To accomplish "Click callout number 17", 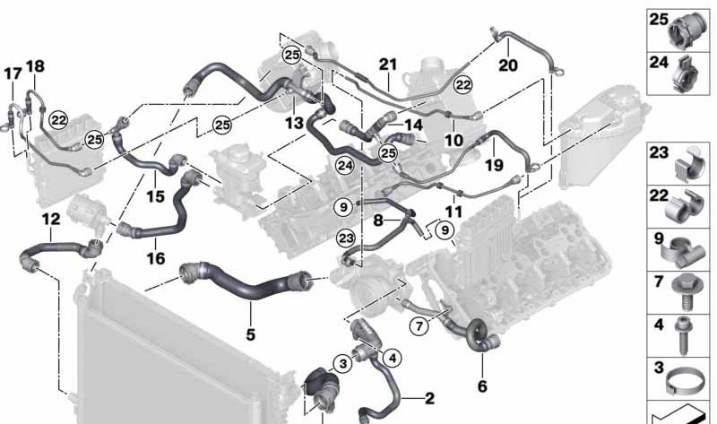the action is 13,74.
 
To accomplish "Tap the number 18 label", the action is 35,66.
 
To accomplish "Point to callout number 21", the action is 388,65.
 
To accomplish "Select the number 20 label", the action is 508,65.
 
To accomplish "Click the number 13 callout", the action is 294,123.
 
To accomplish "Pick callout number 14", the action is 414,125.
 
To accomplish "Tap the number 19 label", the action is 494,165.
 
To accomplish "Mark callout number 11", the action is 454,212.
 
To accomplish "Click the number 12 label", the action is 51,219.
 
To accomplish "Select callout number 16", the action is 155,258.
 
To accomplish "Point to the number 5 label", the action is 250,334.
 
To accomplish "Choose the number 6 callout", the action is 482,386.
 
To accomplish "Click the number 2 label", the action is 429,398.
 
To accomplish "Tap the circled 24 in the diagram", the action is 345,166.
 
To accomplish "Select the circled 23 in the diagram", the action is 345,238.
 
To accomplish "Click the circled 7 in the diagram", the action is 419,326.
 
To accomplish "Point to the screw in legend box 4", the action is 684,335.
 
